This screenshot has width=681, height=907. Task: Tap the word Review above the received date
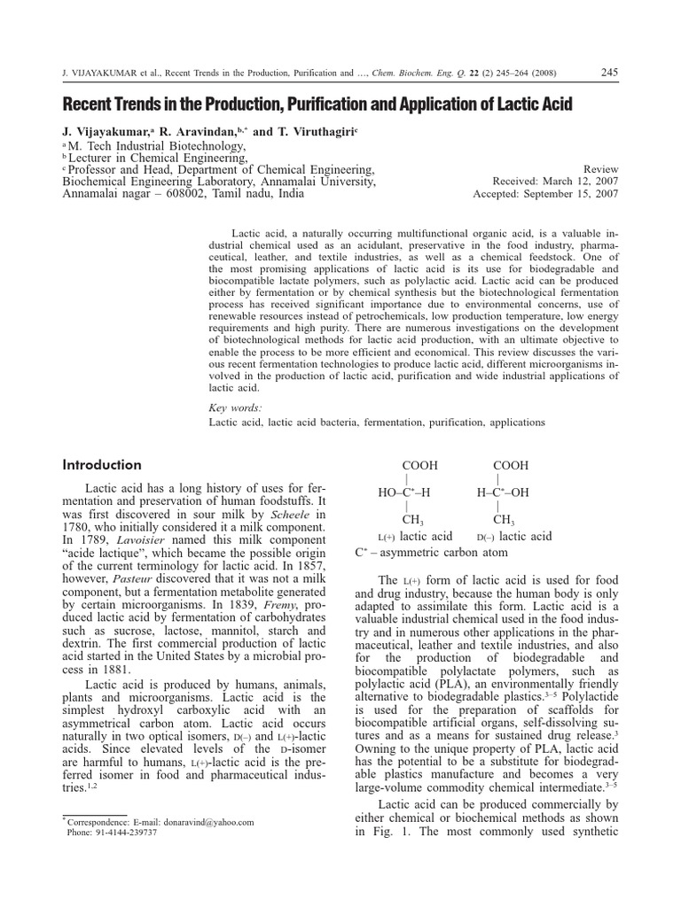click(600, 167)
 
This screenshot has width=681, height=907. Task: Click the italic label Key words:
click(236, 407)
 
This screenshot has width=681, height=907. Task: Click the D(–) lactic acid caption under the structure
click(513, 537)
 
